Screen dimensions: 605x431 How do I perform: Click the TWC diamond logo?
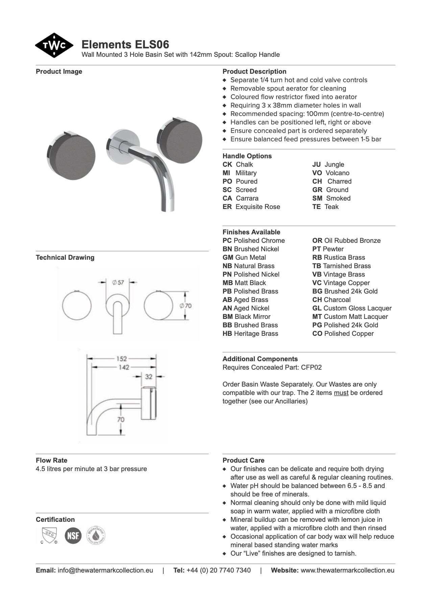54,45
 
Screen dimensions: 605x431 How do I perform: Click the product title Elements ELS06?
125,44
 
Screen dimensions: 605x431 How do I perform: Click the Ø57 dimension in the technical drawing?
118,282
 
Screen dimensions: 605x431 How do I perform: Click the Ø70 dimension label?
186,306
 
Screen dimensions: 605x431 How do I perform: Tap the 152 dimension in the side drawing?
121,358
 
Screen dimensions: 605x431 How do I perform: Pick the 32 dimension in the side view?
148,376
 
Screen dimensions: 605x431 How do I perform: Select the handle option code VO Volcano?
331,173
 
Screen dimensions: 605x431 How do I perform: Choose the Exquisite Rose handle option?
251,207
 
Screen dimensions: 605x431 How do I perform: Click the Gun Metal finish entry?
244,257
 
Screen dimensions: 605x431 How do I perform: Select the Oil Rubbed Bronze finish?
346,240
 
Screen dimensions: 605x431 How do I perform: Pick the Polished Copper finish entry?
343,333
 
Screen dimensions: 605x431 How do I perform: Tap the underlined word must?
341,393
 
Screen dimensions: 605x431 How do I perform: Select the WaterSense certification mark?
96,535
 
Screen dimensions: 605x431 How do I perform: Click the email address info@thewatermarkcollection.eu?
105,570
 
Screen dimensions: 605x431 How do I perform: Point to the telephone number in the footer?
218,570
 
